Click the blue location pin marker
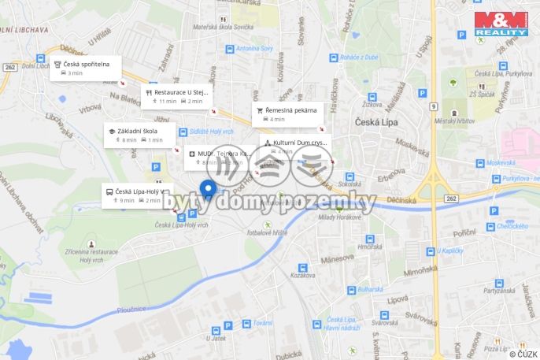208,189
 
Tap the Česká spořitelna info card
86,68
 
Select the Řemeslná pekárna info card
287,114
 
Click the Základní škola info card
139,135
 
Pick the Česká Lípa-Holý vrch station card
138,195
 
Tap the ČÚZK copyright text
523,354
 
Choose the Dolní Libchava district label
24,29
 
